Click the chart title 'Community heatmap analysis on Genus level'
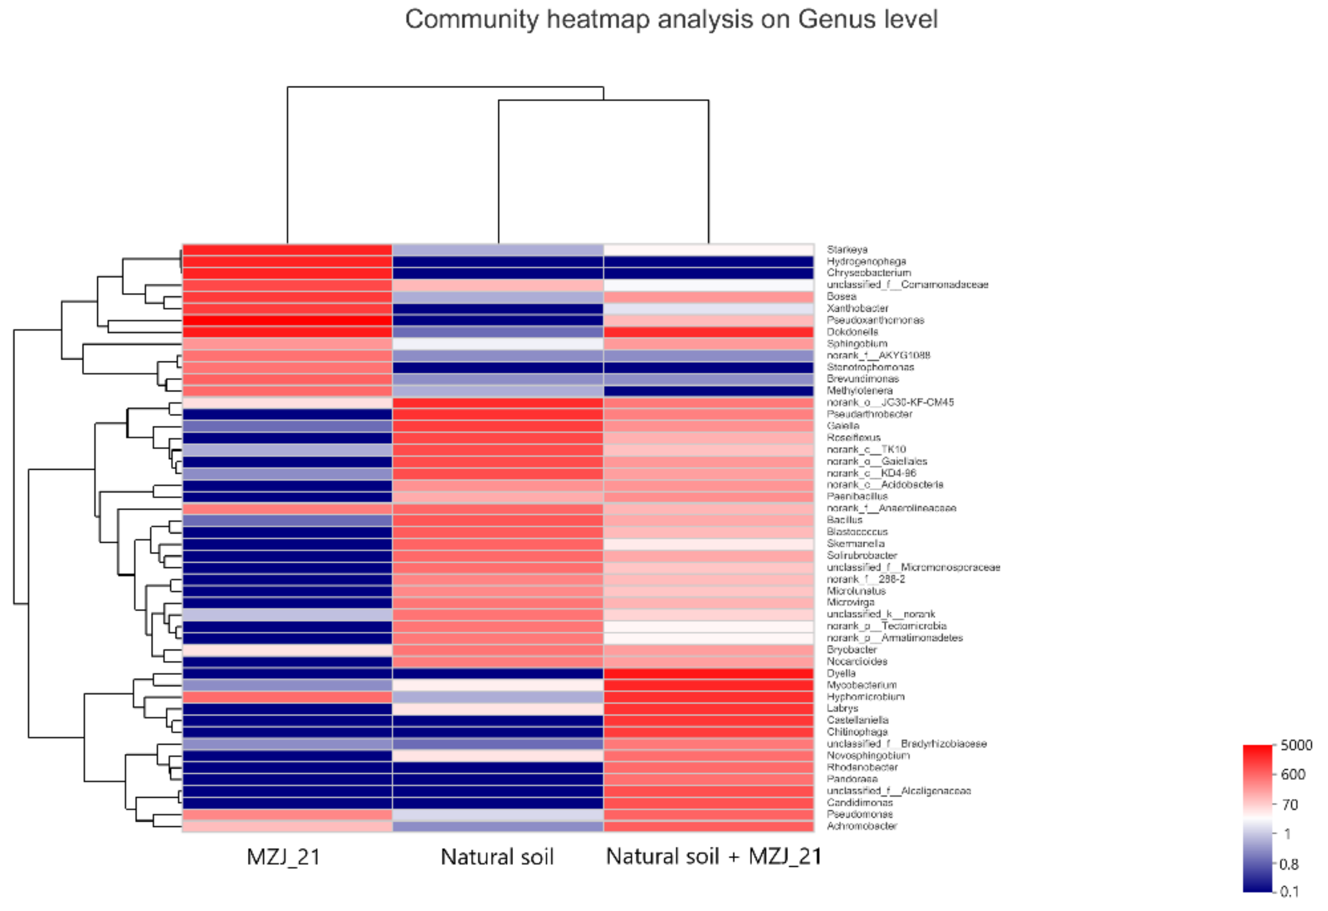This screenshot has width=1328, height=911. coord(671,19)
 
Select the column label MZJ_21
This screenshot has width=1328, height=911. coord(283,857)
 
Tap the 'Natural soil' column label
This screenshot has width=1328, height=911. coord(497,857)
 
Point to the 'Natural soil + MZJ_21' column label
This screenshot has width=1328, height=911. coord(714,856)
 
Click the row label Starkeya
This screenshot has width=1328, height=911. coord(847,250)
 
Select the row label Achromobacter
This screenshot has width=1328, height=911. coord(862,826)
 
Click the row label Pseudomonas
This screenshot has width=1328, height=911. coord(859,814)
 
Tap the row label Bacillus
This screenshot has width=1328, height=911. coord(845,520)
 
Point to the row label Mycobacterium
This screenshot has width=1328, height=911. coord(862,685)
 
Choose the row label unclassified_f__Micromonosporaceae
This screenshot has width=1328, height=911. coord(913,567)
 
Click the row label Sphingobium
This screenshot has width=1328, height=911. coord(857,344)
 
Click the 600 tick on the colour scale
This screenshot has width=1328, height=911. coord(1292,774)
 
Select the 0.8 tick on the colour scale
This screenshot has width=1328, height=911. coord(1289,864)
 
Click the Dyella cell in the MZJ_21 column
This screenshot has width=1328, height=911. coord(287,674)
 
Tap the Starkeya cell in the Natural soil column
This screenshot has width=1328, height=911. coord(498,250)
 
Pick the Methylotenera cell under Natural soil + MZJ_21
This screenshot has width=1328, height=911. coord(709,391)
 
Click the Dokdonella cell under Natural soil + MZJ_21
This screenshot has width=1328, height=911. coord(709,332)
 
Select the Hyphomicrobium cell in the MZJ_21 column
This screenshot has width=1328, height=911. coord(287,697)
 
